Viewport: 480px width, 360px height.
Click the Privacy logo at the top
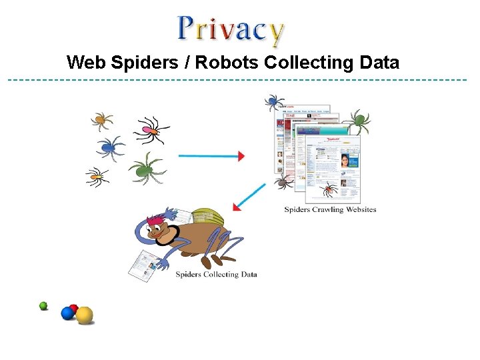pyautogui.click(x=231, y=29)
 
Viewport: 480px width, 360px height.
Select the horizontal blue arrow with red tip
pyautogui.click(x=212, y=156)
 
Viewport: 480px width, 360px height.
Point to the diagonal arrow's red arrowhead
pyautogui.click(x=237, y=206)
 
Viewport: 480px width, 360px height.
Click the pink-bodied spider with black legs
pyautogui.click(x=152, y=131)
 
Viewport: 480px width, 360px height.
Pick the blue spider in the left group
pyautogui.click(x=109, y=147)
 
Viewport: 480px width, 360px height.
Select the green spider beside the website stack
pyautogui.click(x=359, y=121)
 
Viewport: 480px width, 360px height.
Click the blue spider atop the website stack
pyautogui.click(x=273, y=102)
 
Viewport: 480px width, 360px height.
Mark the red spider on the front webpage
pyautogui.click(x=328, y=189)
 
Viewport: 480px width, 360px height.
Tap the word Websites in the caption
pyautogui.click(x=362, y=209)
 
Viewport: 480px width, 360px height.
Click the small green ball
pyautogui.click(x=43, y=306)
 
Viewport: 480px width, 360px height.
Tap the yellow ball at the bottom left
pyautogui.click(x=84, y=315)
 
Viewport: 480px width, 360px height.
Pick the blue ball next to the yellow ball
pyautogui.click(x=67, y=313)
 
